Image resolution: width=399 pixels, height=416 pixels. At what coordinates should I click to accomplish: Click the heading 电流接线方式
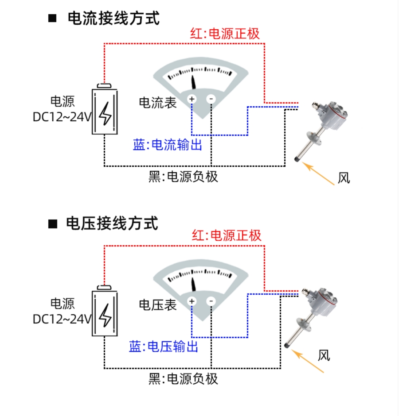coord(113,19)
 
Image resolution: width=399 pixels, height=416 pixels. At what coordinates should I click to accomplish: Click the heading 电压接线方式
coord(112,223)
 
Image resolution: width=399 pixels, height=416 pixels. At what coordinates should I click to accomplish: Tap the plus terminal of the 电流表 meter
coord(192,99)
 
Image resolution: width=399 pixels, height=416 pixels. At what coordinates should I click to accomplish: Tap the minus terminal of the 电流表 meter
coord(211,99)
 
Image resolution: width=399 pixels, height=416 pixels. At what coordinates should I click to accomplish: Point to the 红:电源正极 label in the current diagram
coord(225,34)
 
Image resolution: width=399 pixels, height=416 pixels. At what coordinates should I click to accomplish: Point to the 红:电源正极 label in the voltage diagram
coord(227,235)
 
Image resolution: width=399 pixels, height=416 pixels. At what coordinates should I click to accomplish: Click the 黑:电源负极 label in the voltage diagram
coord(183,378)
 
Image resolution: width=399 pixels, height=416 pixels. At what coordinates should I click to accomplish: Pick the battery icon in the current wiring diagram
coord(105,111)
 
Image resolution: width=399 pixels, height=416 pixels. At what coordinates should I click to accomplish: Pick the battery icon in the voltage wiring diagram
coord(105,313)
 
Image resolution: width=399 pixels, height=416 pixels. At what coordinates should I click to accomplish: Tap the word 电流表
coord(158,103)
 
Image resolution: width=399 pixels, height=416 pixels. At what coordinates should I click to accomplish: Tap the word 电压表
coord(158,305)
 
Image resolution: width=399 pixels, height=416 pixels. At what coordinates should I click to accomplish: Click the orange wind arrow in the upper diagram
coord(318,173)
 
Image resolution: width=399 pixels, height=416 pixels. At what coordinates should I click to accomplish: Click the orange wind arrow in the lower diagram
coord(309,362)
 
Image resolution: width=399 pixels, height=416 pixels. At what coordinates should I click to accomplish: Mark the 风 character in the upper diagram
coord(344,178)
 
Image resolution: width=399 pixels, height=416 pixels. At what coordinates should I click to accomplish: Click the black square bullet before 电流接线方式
coord(53,19)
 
